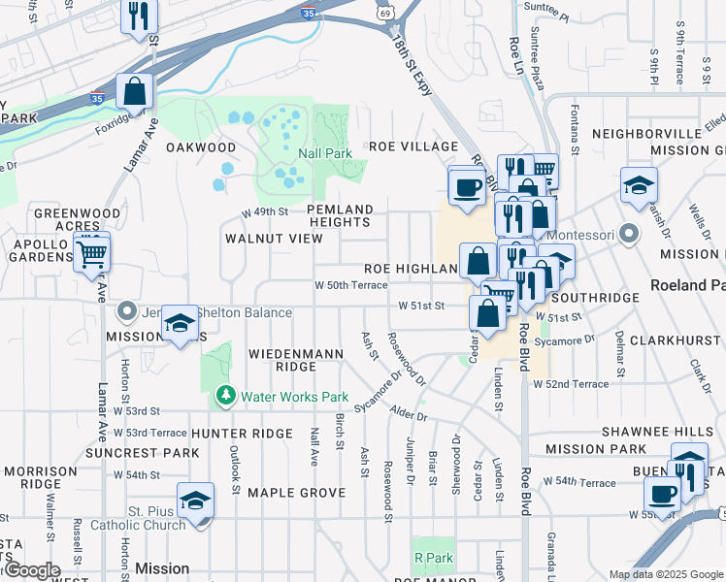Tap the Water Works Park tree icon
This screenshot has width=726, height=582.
click(x=226, y=396)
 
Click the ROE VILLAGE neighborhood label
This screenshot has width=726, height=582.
click(x=412, y=146)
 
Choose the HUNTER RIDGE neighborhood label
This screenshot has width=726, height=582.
click(x=242, y=433)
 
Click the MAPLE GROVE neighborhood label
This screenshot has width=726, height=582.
click(x=296, y=493)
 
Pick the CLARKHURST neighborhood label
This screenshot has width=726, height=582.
click(x=676, y=341)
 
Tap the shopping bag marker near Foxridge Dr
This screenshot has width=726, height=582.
click(x=135, y=92)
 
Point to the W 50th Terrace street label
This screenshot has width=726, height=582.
click(x=350, y=285)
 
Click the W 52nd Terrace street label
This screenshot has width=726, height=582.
click(x=571, y=384)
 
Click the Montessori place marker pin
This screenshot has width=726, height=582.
click(x=630, y=235)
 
